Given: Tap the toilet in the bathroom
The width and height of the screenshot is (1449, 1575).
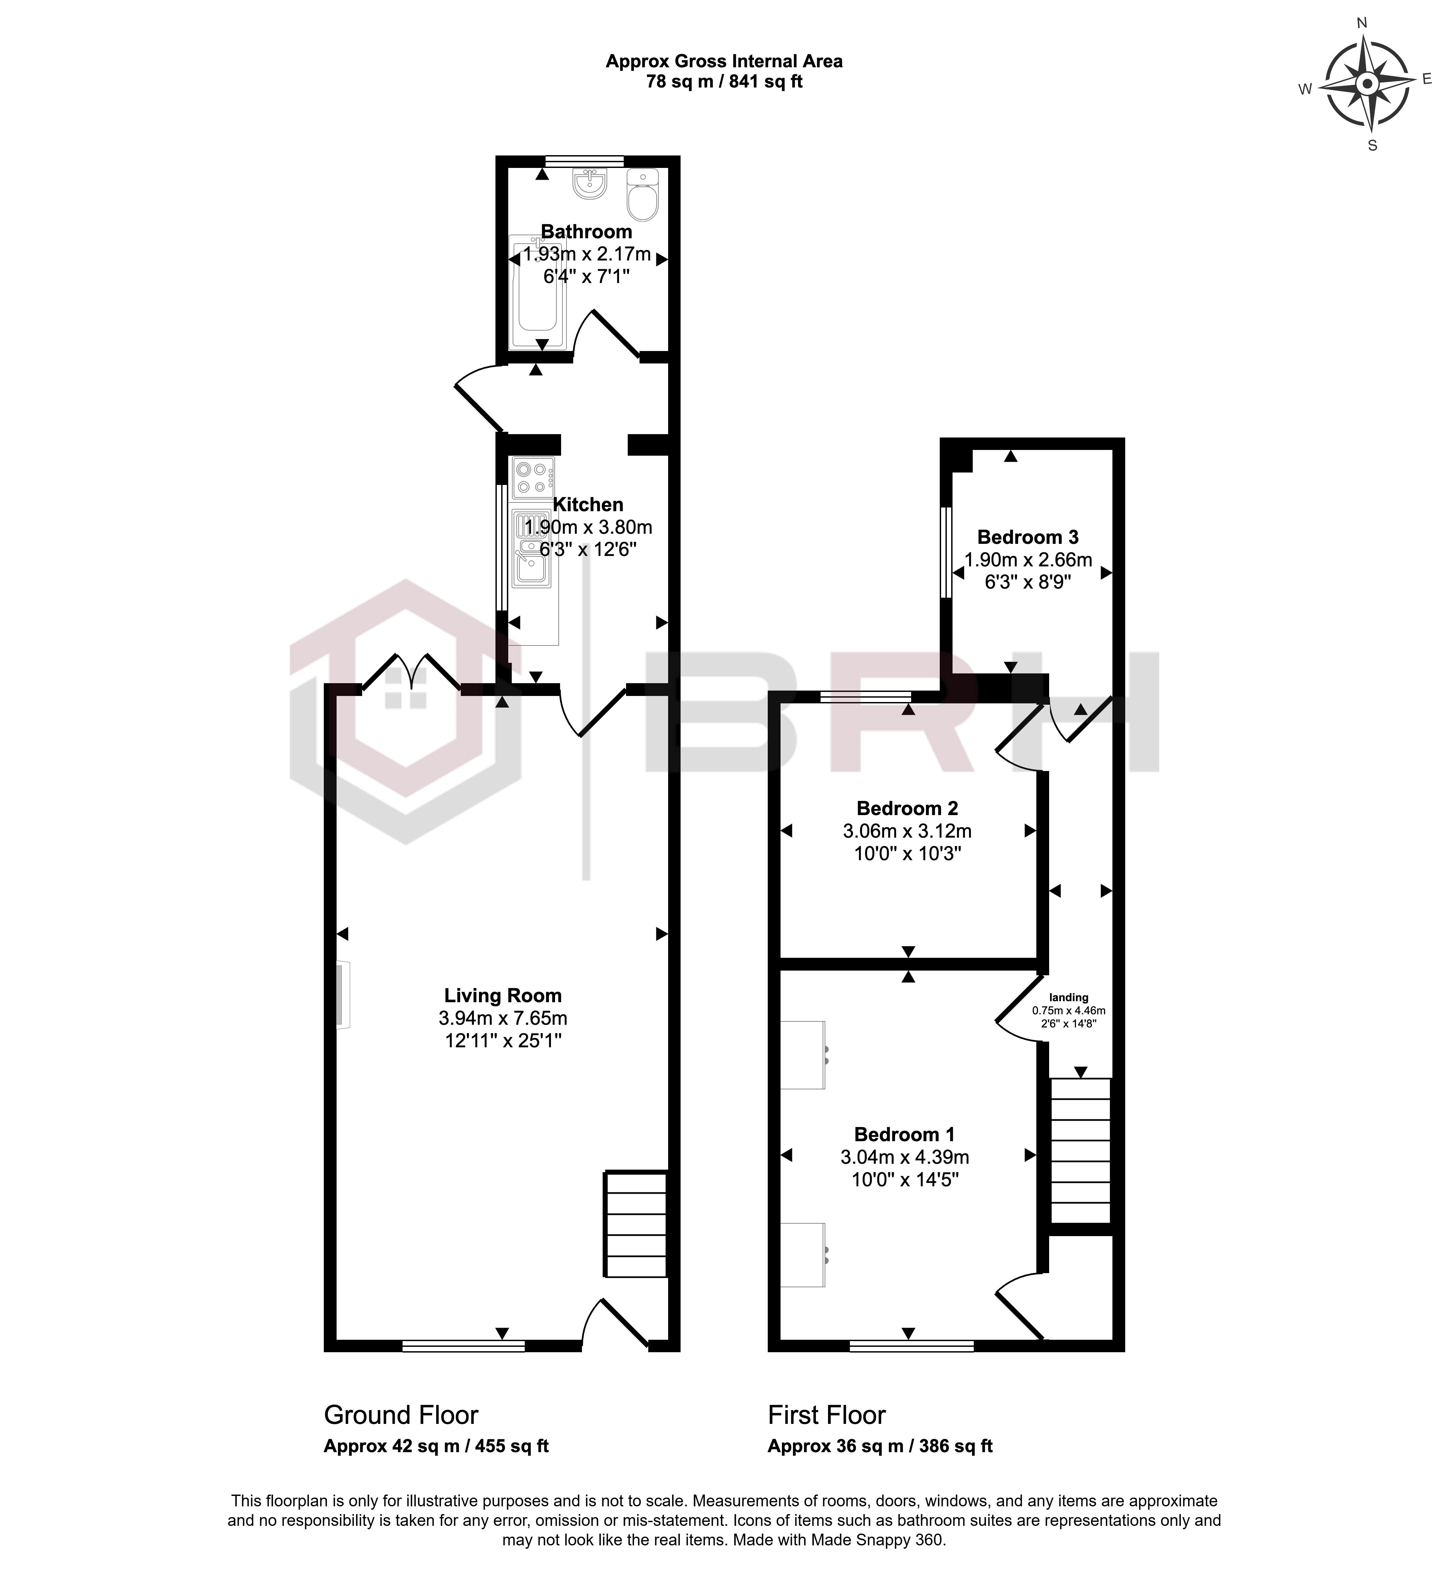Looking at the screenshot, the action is click(643, 195).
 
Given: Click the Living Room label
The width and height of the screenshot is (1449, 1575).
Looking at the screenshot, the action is click(503, 995).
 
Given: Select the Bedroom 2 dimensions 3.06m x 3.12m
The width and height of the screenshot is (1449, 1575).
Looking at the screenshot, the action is click(907, 830).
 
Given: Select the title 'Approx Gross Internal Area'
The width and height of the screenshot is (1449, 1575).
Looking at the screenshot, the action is click(724, 61).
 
